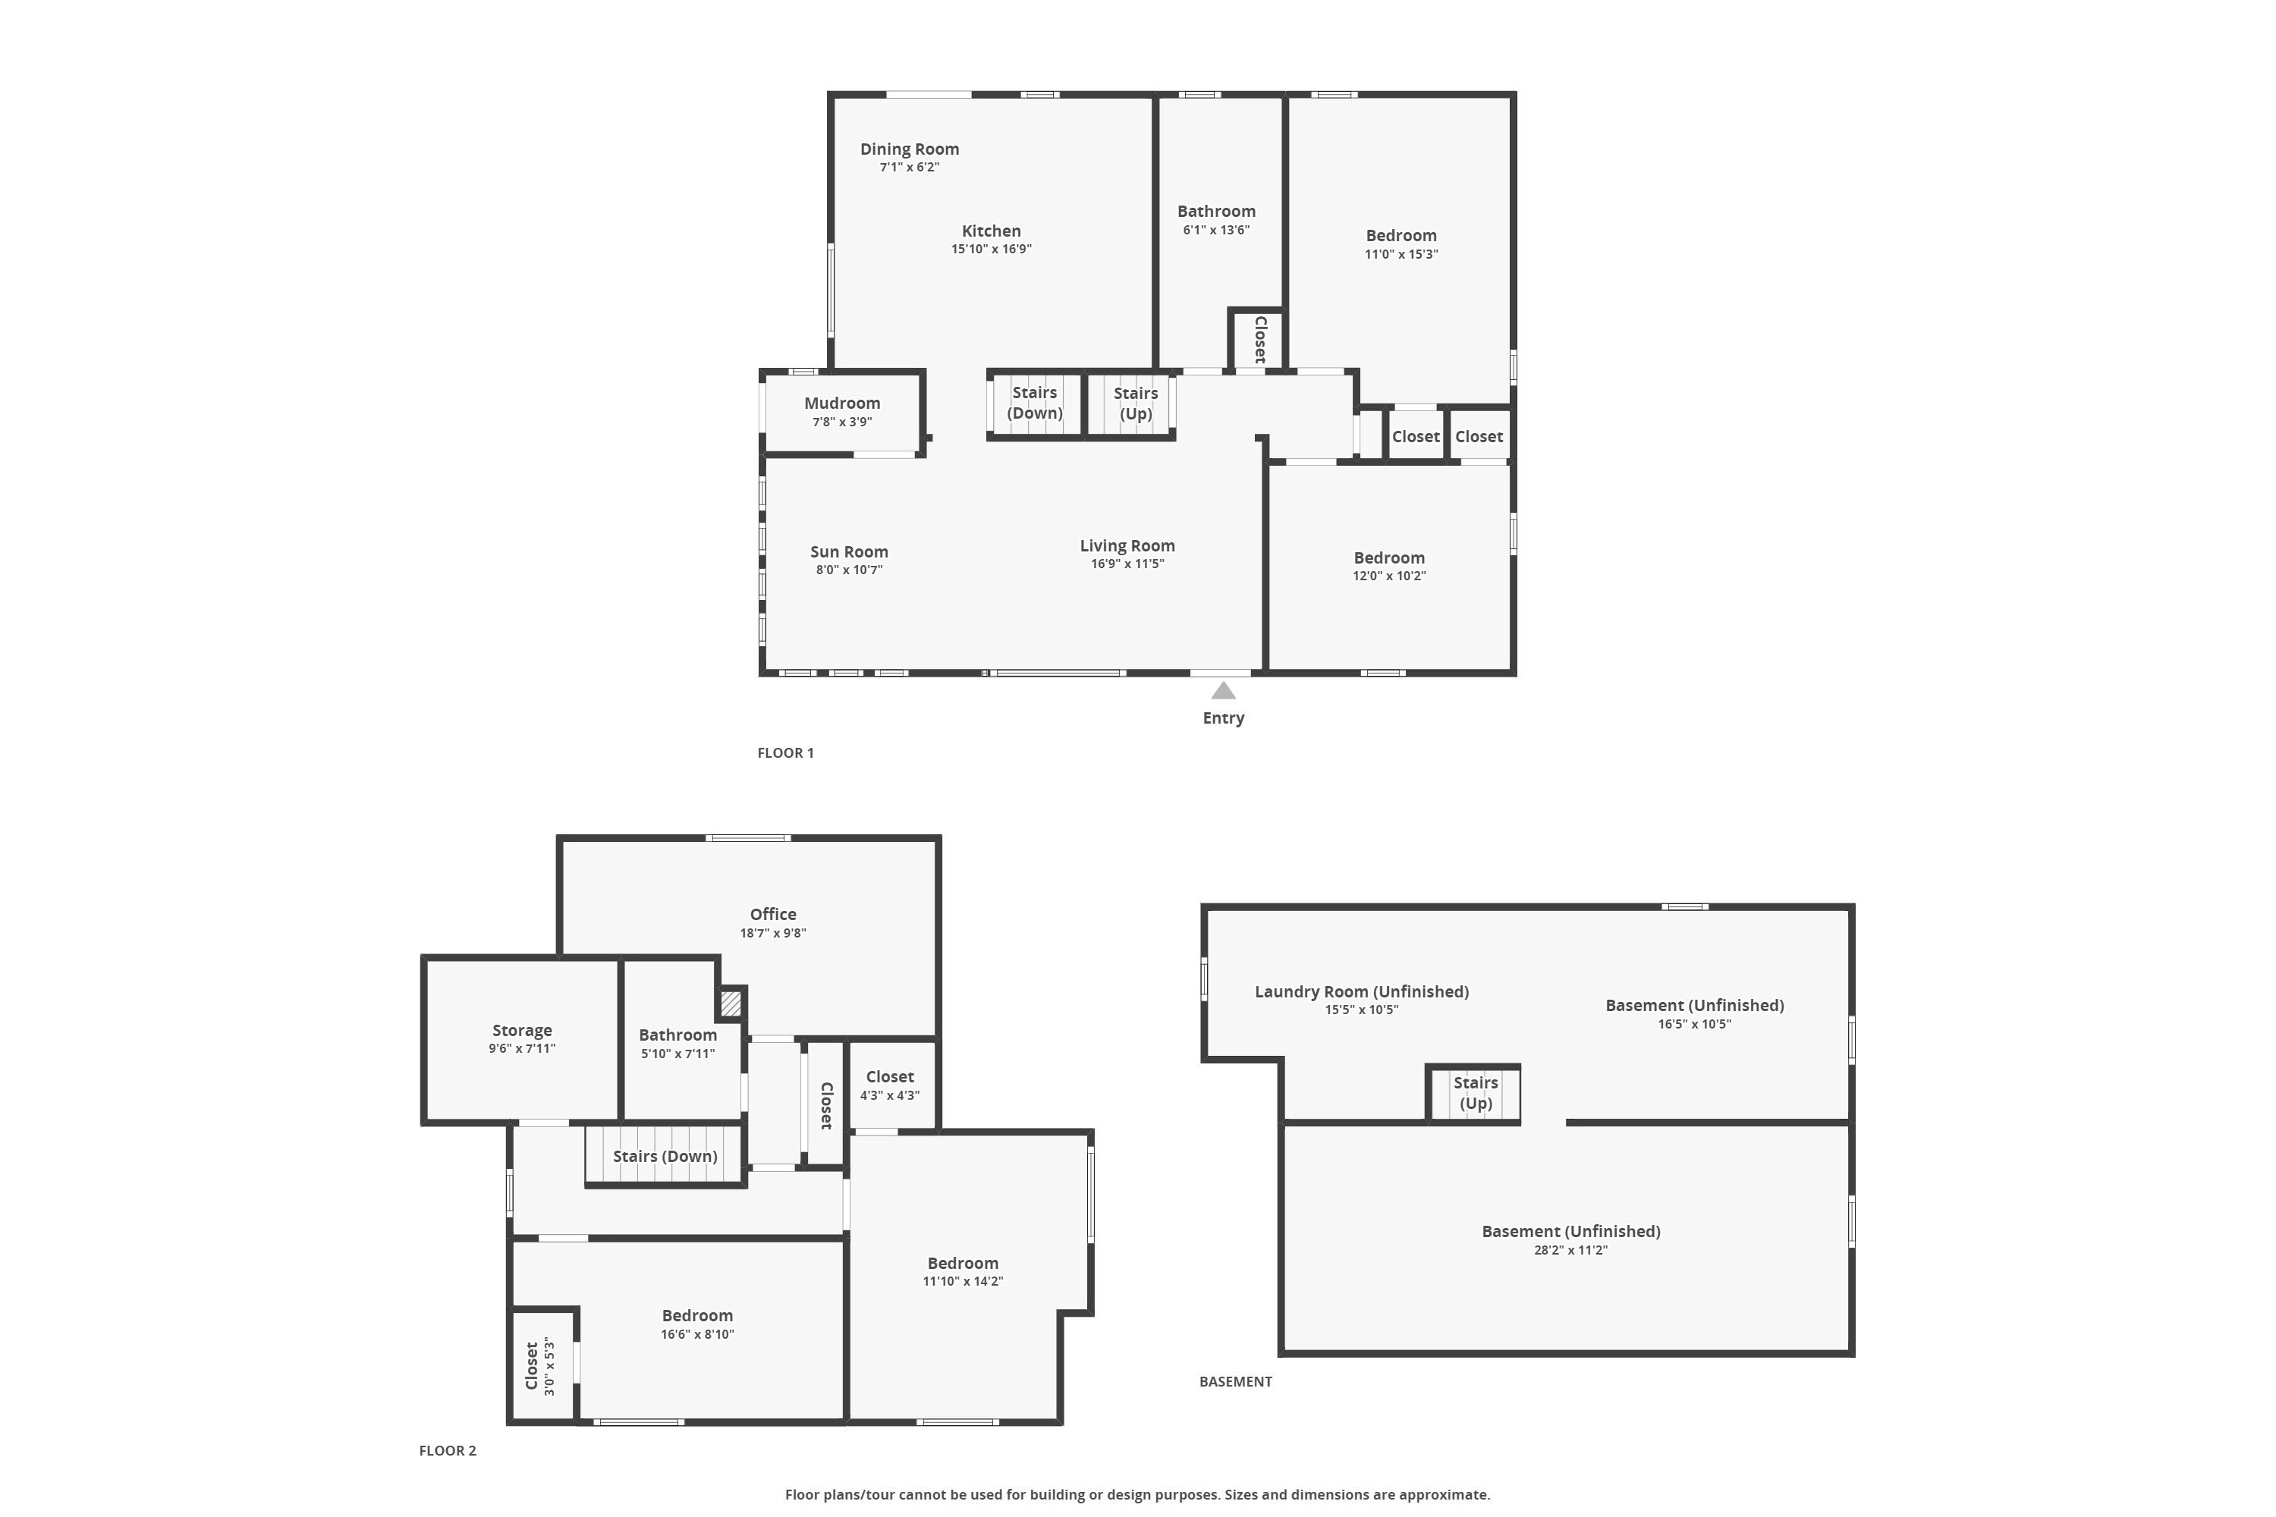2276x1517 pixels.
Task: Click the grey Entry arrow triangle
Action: click(x=1223, y=691)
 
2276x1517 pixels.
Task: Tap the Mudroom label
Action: click(x=842, y=404)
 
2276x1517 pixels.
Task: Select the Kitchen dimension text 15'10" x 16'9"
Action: click(x=991, y=250)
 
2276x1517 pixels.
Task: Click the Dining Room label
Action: click(x=910, y=149)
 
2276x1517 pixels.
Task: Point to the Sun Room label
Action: click(x=849, y=551)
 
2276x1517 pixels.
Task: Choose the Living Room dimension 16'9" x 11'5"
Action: click(x=1127, y=564)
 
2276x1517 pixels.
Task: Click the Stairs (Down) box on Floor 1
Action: click(x=1035, y=404)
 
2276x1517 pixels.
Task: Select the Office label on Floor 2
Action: click(x=773, y=914)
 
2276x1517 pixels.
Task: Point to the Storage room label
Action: click(x=522, y=1030)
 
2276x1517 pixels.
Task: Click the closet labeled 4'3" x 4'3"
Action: click(x=890, y=1085)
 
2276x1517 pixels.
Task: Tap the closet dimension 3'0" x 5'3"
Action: click(x=549, y=1366)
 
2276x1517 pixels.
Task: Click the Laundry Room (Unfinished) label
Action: click(x=1362, y=991)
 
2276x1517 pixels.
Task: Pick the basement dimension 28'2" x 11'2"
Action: click(x=1570, y=1250)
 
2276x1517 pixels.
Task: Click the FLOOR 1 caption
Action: click(x=786, y=752)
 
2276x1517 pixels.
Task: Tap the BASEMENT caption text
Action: click(x=1236, y=1381)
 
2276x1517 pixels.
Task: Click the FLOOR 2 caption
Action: click(x=448, y=1450)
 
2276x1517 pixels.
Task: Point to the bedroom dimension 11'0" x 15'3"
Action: click(x=1401, y=254)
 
